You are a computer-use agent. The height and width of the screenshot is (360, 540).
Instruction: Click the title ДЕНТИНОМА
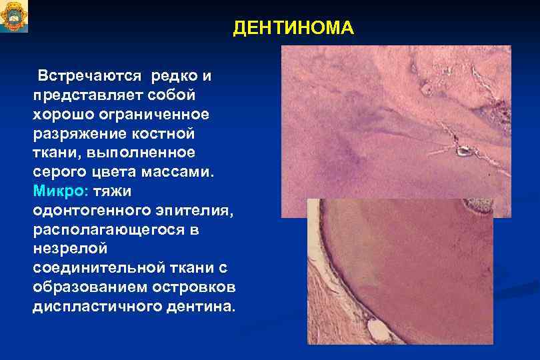pyautogui.click(x=293, y=29)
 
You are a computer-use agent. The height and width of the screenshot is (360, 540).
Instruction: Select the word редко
pyautogui.click(x=174, y=73)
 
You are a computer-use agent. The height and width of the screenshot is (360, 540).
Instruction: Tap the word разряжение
pyautogui.click(x=76, y=133)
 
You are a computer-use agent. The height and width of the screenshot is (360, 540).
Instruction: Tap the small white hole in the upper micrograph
pyautogui.click(x=462, y=151)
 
